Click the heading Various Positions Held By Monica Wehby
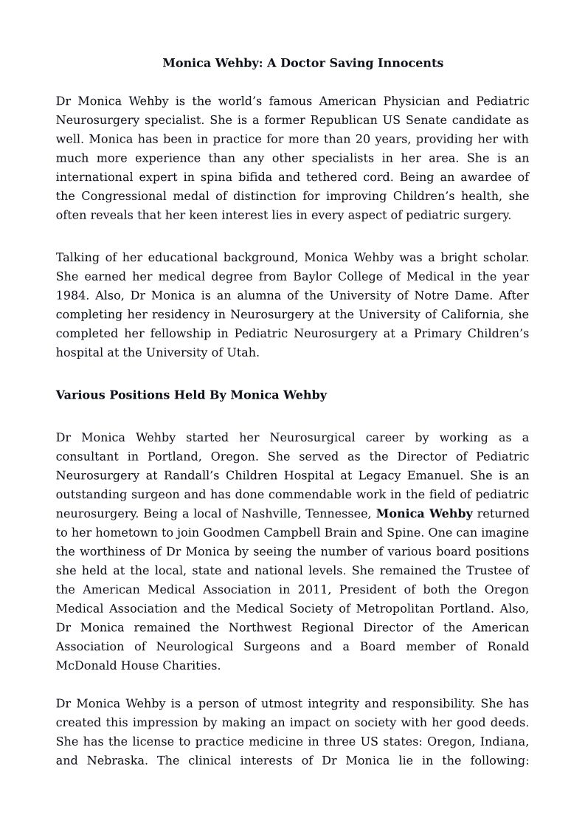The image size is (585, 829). [x=191, y=395]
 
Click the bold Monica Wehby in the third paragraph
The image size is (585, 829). [x=424, y=514]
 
